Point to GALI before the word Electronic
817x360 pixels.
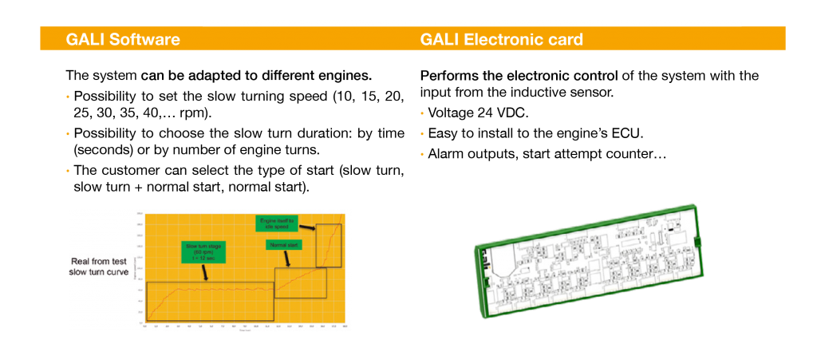pyautogui.click(x=440, y=39)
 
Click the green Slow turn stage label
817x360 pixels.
pyautogui.click(x=203, y=252)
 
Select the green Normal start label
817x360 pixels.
pyautogui.click(x=282, y=244)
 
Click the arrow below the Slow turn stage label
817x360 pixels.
pyautogui.click(x=206, y=272)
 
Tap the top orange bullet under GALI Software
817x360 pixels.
pyautogui.click(x=68, y=97)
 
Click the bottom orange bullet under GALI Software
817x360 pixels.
pyautogui.click(x=68, y=170)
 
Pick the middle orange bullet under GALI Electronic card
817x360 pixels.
pyautogui.click(x=421, y=133)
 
